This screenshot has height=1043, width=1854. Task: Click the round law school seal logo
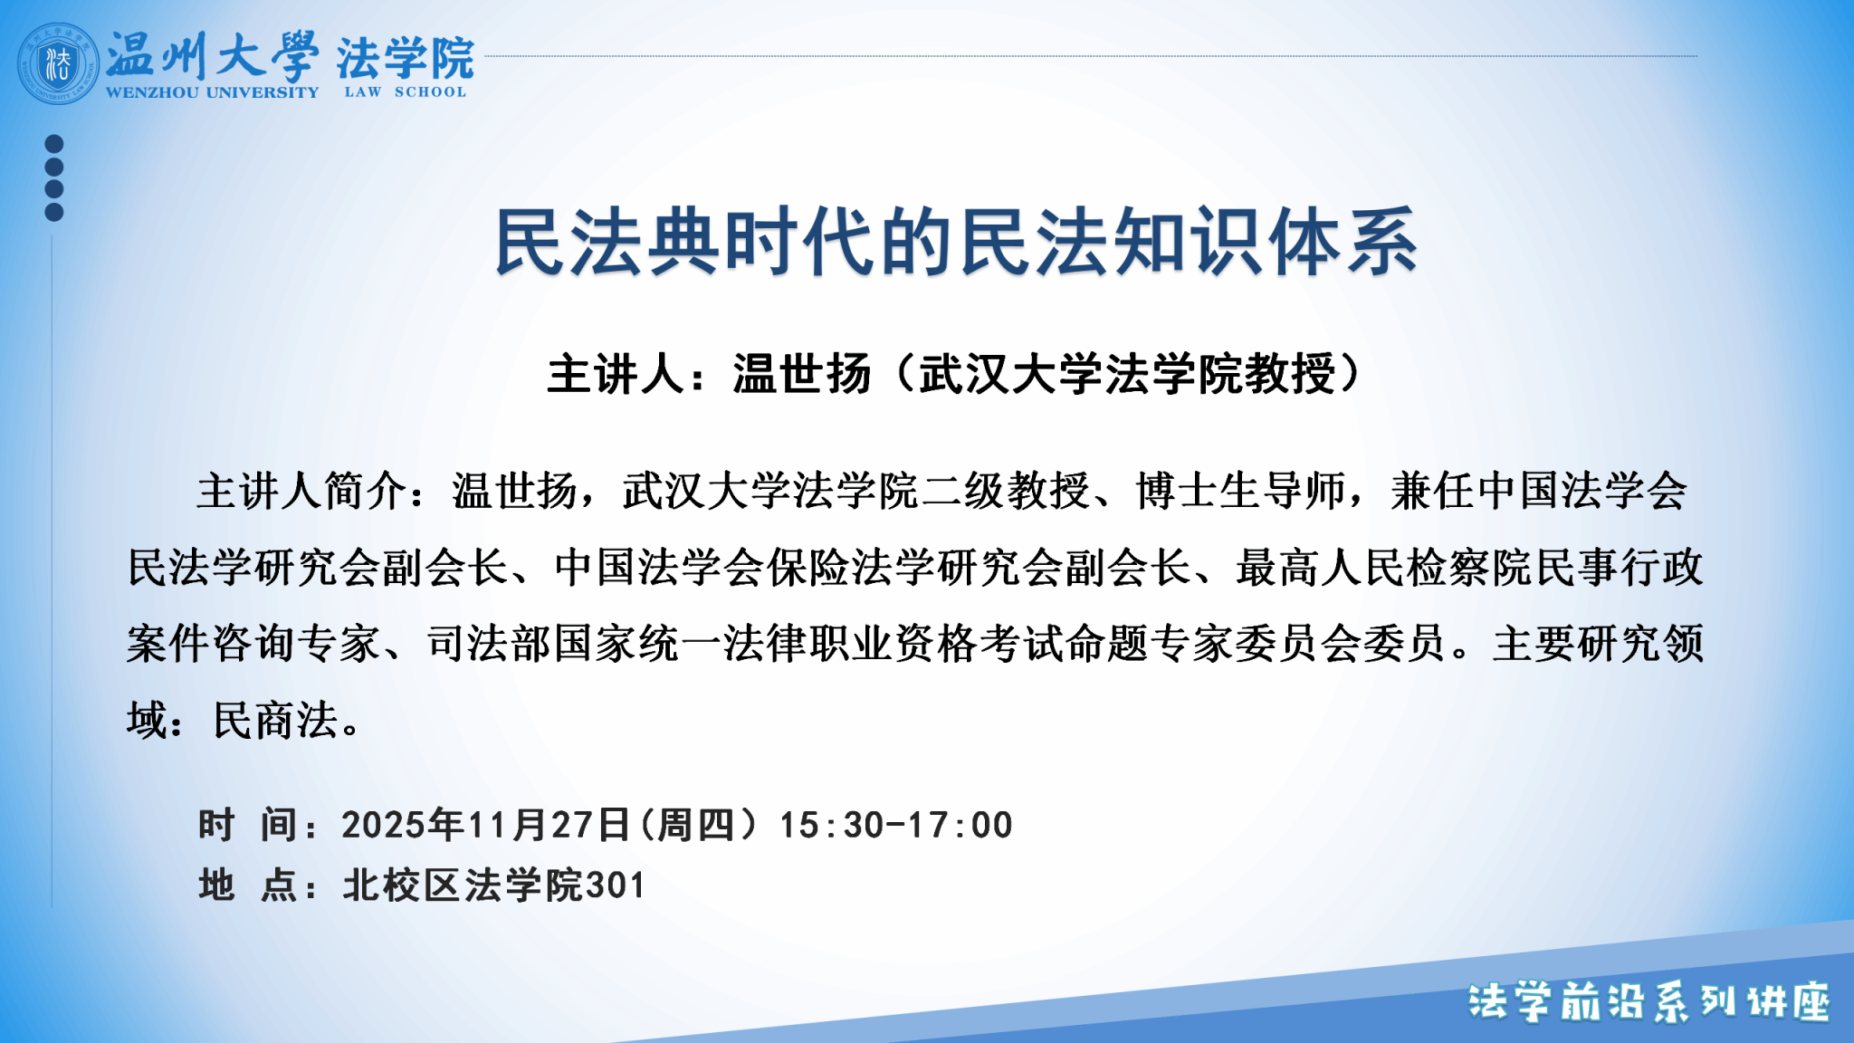(x=58, y=63)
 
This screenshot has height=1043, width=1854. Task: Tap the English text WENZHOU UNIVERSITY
(x=212, y=92)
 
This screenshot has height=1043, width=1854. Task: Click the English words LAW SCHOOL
(x=406, y=91)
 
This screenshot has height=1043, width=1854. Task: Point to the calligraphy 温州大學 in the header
(x=212, y=56)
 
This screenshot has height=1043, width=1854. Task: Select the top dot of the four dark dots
(x=54, y=144)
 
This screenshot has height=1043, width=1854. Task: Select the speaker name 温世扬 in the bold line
(x=802, y=374)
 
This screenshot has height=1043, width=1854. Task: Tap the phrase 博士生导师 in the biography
(x=1241, y=492)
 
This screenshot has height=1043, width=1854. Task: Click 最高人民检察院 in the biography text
(x=1385, y=568)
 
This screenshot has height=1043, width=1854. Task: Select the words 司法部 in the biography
(x=490, y=644)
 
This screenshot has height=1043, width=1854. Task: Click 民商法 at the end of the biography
(x=275, y=721)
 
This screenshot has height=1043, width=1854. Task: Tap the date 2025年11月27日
(x=485, y=825)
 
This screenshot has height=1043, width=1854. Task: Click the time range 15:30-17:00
(x=896, y=825)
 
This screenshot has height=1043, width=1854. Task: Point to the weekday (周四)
(x=699, y=825)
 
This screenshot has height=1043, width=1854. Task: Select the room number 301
(x=616, y=885)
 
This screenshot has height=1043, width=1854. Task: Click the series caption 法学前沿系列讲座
(x=1649, y=1002)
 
